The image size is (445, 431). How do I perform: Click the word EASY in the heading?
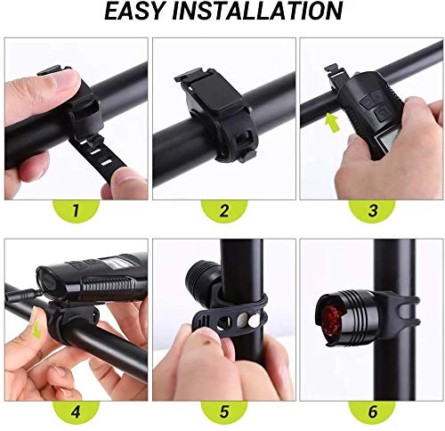click(134, 12)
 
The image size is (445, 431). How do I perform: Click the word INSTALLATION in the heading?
click(257, 12)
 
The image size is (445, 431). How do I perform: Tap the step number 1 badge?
click(76, 210)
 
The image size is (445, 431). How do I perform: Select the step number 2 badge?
click(224, 210)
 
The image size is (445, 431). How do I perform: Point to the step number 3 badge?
click(372, 210)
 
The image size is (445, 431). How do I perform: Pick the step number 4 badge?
click(76, 412)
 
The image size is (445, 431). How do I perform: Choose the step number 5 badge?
click(224, 412)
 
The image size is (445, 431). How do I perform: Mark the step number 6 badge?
click(372, 412)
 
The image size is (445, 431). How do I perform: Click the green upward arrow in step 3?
click(332, 124)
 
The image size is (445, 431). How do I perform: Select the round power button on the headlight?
click(382, 114)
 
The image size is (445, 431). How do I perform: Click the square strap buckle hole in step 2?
click(242, 139)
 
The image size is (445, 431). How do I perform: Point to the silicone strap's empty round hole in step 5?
click(222, 323)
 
